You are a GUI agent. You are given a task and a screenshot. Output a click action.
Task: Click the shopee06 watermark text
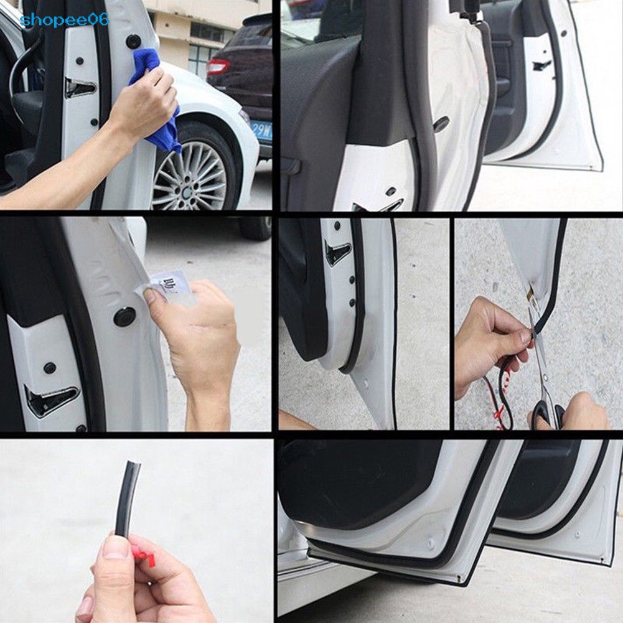64,20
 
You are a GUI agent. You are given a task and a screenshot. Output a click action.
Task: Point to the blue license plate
261,131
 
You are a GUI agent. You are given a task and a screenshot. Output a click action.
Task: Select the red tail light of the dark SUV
218,67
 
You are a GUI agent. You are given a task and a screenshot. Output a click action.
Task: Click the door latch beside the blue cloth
80,88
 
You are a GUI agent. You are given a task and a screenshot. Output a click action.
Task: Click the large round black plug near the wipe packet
124,317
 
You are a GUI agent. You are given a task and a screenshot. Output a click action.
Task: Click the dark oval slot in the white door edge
441,124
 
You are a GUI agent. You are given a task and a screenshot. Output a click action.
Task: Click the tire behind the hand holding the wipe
256,228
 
